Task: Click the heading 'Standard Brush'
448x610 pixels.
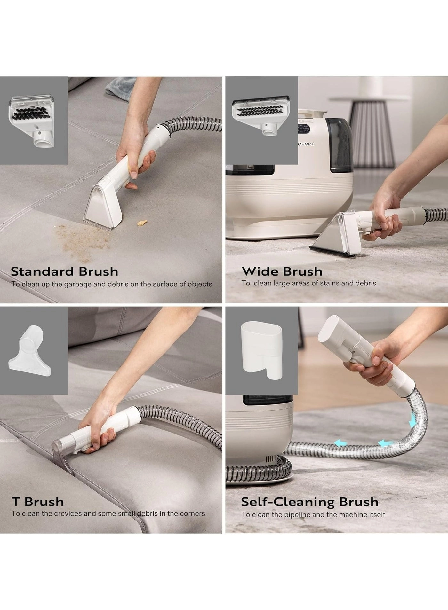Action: tap(64, 271)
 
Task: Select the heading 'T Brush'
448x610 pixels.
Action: tap(37, 502)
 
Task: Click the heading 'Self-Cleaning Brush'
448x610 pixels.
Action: tap(309, 502)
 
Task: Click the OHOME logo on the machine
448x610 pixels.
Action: tap(306, 144)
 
